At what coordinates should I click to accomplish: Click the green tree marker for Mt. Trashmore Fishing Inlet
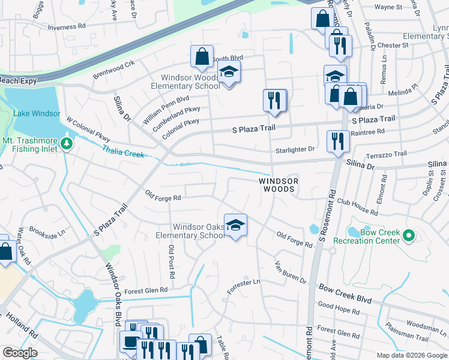coord(67,143)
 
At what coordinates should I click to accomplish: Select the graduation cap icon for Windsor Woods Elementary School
coord(229,73)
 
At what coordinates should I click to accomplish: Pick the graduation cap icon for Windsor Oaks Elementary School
coord(235,225)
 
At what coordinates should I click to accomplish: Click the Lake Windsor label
coord(36,113)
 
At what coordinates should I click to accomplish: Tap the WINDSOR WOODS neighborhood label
coord(277,185)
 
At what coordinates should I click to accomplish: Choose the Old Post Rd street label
coord(172,262)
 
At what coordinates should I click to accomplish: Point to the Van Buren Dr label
coord(290,272)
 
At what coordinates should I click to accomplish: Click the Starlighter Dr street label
coord(295,149)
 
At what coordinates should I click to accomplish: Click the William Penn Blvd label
coord(166,110)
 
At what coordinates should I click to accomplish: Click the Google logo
coord(20,353)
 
